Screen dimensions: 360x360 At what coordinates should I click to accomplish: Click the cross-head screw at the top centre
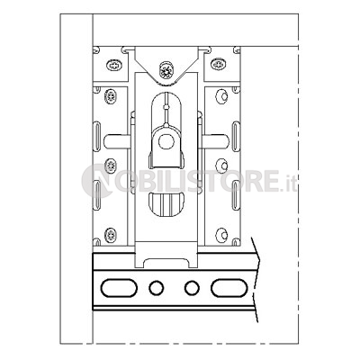[x=166, y=71]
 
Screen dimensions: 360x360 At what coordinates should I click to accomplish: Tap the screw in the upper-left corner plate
[x=114, y=65]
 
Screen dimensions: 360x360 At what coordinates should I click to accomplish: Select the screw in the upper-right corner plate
[x=218, y=64]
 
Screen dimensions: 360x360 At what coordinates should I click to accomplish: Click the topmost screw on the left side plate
[x=111, y=96]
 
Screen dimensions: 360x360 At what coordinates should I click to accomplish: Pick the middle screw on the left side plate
[x=111, y=166]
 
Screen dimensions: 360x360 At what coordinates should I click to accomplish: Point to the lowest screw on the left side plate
[x=111, y=235]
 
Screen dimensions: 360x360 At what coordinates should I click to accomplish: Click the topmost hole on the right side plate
[x=221, y=96]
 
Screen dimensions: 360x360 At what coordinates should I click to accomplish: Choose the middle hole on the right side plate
[x=222, y=166]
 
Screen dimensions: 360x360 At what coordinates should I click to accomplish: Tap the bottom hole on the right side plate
[x=222, y=235]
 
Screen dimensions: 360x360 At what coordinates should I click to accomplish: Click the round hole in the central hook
[x=166, y=141]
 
